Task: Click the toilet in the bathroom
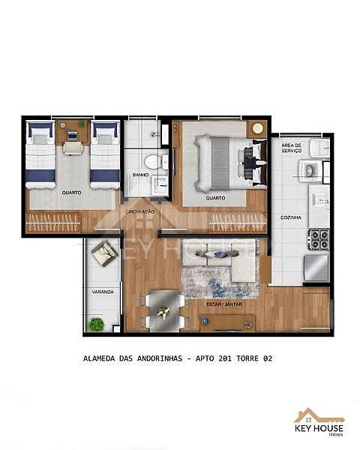coord(150,161)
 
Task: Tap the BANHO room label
coord(140,175)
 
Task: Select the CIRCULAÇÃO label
coord(140,211)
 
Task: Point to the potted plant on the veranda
coord(96,324)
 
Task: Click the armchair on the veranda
coord(102,254)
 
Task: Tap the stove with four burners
coord(319,241)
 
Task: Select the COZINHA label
coord(292,217)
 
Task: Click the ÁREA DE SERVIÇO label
coord(292,148)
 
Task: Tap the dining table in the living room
coord(164,308)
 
